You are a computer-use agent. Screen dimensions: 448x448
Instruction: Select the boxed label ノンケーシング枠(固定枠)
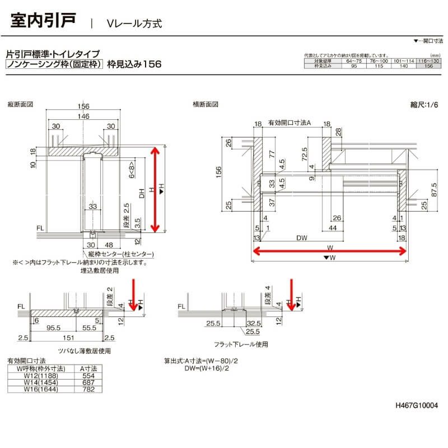(x=54, y=64)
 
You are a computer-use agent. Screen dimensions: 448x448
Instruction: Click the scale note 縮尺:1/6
(x=423, y=105)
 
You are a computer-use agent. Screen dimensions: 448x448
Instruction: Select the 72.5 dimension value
(x=303, y=153)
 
